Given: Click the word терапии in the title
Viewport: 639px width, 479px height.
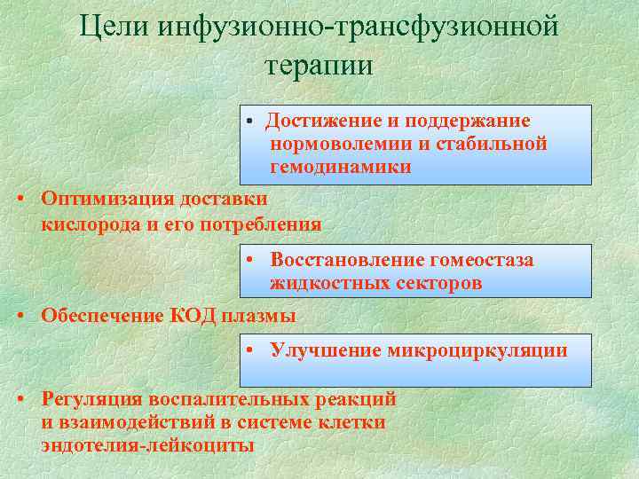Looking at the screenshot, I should coord(319,65).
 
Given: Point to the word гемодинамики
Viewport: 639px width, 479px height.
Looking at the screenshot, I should coord(341,167).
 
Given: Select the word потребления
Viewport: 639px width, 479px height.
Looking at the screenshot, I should coord(267,224).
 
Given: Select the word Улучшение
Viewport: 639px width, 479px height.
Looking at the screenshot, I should coord(326,350).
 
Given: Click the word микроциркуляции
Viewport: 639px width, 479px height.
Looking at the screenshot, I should coord(477,350).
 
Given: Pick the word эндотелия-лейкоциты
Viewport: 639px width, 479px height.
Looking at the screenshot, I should coord(147,445).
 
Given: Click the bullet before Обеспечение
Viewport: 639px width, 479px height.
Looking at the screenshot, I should coord(20,317).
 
